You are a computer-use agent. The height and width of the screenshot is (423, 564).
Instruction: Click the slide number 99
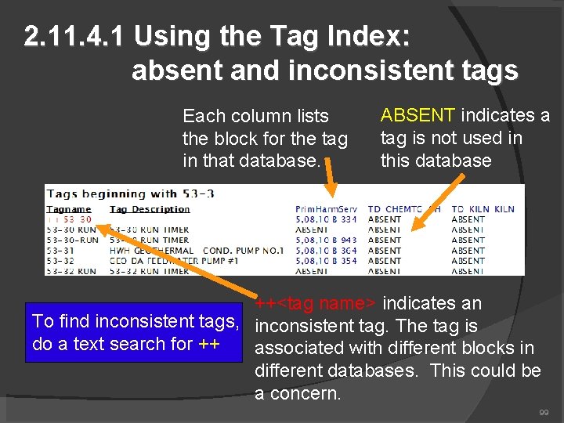pyautogui.click(x=544, y=412)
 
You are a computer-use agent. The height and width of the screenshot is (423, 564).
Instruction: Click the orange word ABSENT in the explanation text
pyautogui.click(x=417, y=116)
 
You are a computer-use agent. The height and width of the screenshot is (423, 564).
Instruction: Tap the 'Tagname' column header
pyautogui.click(x=69, y=209)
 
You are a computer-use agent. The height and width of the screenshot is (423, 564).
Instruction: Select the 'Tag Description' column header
pyautogui.click(x=150, y=209)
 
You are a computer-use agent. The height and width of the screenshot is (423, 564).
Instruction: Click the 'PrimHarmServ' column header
pyautogui.click(x=326, y=209)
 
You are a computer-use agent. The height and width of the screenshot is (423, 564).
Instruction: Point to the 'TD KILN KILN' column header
pyautogui.click(x=483, y=209)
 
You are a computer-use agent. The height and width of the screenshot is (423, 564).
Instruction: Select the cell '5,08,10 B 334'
pyautogui.click(x=326, y=219)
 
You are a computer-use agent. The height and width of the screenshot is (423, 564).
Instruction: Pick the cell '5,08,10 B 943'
pyautogui.click(x=326, y=240)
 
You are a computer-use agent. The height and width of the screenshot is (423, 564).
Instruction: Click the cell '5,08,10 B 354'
pyautogui.click(x=326, y=260)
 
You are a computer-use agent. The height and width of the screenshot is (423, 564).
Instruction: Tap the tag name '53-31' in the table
pyautogui.click(x=60, y=250)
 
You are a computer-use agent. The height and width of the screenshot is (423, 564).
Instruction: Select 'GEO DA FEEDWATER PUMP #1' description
pyautogui.click(x=161, y=260)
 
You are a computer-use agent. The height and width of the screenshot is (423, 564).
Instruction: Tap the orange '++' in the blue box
pyautogui.click(x=208, y=344)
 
